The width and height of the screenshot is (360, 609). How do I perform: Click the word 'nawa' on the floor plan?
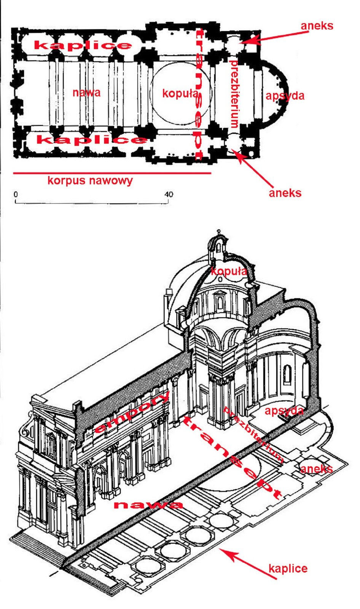pyautogui.click(x=86, y=92)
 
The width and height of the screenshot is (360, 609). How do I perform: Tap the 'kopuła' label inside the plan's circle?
pyautogui.click(x=180, y=93)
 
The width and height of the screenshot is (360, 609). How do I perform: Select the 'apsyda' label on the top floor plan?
pyautogui.click(x=285, y=96)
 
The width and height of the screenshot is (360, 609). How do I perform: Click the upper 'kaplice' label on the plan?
pyautogui.click(x=83, y=45)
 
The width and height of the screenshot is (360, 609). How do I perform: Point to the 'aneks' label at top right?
pyautogui.click(x=317, y=26)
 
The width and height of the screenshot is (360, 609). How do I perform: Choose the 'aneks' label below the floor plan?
pyautogui.click(x=285, y=193)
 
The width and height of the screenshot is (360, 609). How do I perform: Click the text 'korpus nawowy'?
pyautogui.click(x=90, y=180)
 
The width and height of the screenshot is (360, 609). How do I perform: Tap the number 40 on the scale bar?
pyautogui.click(x=169, y=194)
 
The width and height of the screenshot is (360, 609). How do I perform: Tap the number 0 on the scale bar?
pyautogui.click(x=16, y=194)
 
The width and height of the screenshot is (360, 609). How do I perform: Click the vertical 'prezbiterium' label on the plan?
pyautogui.click(x=234, y=94)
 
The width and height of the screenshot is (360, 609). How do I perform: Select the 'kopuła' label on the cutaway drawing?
pyautogui.click(x=229, y=271)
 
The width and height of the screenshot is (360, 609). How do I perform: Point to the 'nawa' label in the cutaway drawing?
pyautogui.click(x=148, y=505)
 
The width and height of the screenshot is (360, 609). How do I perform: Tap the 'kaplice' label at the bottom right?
pyautogui.click(x=288, y=569)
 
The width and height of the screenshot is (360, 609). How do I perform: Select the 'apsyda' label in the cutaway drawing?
pyautogui.click(x=284, y=411)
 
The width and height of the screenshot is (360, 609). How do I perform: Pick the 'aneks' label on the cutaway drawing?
pyautogui.click(x=316, y=469)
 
